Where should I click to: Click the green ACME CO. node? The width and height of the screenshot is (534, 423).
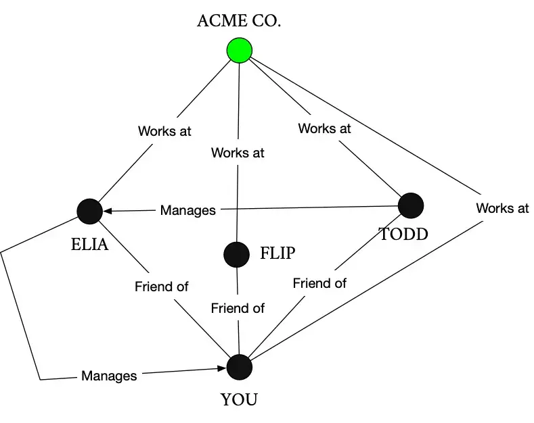click(239, 50)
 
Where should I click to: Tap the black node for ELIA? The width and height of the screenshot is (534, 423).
click(89, 211)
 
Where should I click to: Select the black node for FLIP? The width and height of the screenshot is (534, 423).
click(236, 254)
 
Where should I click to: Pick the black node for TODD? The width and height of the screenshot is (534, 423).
click(411, 205)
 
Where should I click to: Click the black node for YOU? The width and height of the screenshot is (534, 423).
click(239, 367)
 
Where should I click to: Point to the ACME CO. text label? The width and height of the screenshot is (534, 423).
click(239, 20)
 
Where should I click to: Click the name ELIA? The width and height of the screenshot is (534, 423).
click(89, 245)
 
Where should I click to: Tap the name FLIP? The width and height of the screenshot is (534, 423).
click(278, 254)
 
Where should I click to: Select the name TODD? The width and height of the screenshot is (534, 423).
click(403, 234)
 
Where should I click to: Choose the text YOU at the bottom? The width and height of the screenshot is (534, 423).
click(239, 400)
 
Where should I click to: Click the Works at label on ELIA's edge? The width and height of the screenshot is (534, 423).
click(164, 131)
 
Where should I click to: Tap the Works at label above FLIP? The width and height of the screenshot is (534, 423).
click(237, 153)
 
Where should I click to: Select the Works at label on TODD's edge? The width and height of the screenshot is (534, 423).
click(324, 128)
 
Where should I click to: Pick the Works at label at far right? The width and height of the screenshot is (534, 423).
click(502, 208)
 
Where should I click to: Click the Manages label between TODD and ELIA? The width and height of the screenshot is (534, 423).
click(187, 211)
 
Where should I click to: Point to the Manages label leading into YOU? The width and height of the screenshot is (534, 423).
click(109, 376)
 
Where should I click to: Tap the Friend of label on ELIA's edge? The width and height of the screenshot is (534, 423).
click(161, 287)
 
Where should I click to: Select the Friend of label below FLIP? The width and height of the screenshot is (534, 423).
click(237, 308)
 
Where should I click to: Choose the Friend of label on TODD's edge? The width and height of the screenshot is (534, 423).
click(319, 283)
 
